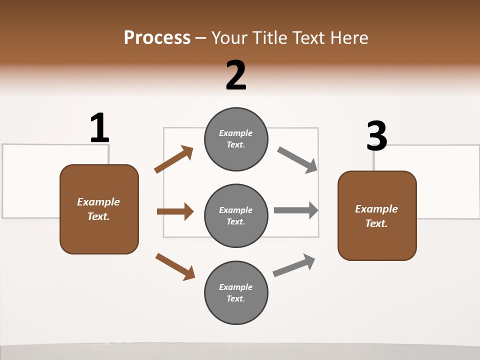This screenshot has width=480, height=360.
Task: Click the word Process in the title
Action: pyautogui.click(x=157, y=38)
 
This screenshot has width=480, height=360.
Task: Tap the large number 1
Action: pyautogui.click(x=99, y=128)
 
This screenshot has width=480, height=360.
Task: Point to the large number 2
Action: pyautogui.click(x=236, y=75)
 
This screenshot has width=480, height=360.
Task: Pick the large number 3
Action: pyautogui.click(x=376, y=136)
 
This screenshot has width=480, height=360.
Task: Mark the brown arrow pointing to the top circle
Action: pyautogui.click(x=174, y=159)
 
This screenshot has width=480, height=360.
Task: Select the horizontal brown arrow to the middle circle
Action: pyautogui.click(x=175, y=211)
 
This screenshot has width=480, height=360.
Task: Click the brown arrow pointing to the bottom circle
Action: pyautogui.click(x=175, y=266)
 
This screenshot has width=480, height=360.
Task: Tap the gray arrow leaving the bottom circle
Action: pyautogui.click(x=294, y=265)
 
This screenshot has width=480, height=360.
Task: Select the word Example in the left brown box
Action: pyautogui.click(x=98, y=202)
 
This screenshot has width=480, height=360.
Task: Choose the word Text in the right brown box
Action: pyautogui.click(x=375, y=223)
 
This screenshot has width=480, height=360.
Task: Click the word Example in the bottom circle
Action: pyautogui.click(x=235, y=287)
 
